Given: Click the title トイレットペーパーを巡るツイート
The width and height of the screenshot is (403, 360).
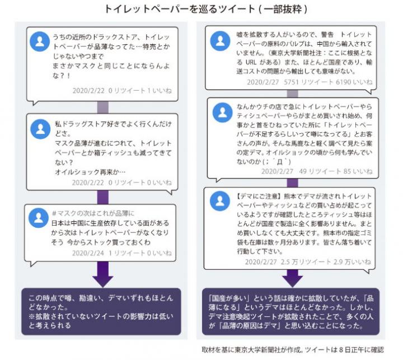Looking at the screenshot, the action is coord(180,9).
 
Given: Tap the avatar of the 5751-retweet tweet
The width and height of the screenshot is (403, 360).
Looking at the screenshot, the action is coord(220,41).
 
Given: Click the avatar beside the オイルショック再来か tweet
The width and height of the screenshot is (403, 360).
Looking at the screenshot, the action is coord(40,129).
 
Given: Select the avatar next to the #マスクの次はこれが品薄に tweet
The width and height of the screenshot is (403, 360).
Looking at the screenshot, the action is coord(39,218).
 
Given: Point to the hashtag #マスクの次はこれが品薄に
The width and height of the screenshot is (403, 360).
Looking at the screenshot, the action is coord(93,213).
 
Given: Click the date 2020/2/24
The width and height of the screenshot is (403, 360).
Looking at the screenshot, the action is coord(88,253).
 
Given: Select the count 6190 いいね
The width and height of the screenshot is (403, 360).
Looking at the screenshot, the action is coord(354,82).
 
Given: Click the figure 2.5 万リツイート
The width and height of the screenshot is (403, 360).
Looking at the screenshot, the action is coord(306,262).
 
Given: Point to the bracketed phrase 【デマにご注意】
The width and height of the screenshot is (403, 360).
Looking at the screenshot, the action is coord(259,197).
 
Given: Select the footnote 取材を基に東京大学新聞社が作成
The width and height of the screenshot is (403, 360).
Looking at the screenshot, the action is coord(251,350).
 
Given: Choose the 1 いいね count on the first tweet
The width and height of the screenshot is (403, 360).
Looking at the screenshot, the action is coord(159,91).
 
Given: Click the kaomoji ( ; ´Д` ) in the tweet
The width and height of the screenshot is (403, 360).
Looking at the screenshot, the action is coord(277,162).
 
